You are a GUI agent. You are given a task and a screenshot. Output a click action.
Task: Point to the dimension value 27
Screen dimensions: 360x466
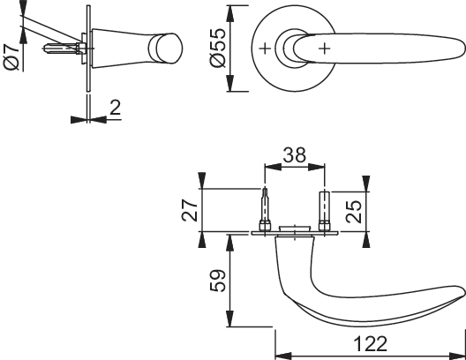188,210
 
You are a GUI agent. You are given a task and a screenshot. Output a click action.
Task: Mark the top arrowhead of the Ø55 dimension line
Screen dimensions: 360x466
231,10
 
